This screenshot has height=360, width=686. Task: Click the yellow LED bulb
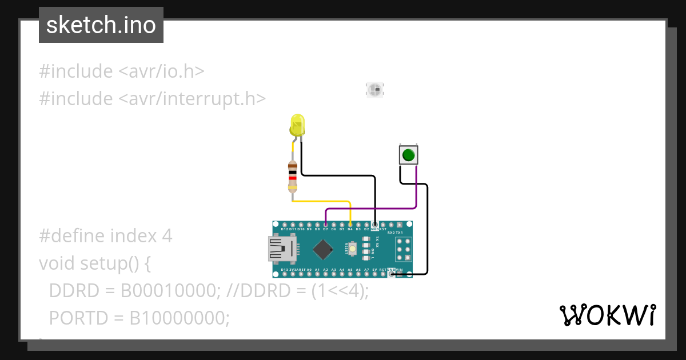pos(297,124)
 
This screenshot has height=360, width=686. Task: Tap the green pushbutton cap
pos(408,155)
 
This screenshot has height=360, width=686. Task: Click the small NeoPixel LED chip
pos(375,89)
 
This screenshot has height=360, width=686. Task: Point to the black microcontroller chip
pos(324,249)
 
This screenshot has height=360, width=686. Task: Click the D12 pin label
pos(285,229)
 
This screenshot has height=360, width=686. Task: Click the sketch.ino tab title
pos(101,26)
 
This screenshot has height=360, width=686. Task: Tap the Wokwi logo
pos(607,315)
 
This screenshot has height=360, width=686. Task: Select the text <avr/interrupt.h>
pos(192,99)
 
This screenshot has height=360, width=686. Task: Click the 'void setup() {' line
pos(95,263)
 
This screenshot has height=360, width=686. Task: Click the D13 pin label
pos(284,269)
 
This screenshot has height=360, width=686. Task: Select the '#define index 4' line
pos(106,235)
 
